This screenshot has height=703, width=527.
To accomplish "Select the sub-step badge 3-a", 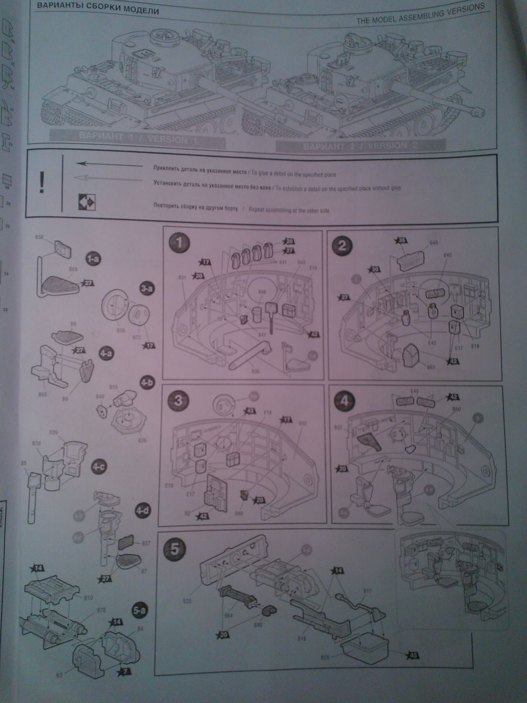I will [147, 289].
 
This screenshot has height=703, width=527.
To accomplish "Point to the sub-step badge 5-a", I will [140, 610].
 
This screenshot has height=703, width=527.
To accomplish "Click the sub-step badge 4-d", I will [142, 510].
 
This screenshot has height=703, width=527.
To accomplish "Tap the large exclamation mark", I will [41, 182].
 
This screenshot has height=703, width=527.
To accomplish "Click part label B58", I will [40, 237].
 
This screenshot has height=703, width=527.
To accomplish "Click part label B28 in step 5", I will [326, 658].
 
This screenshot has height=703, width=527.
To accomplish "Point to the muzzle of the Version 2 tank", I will [482, 110].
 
